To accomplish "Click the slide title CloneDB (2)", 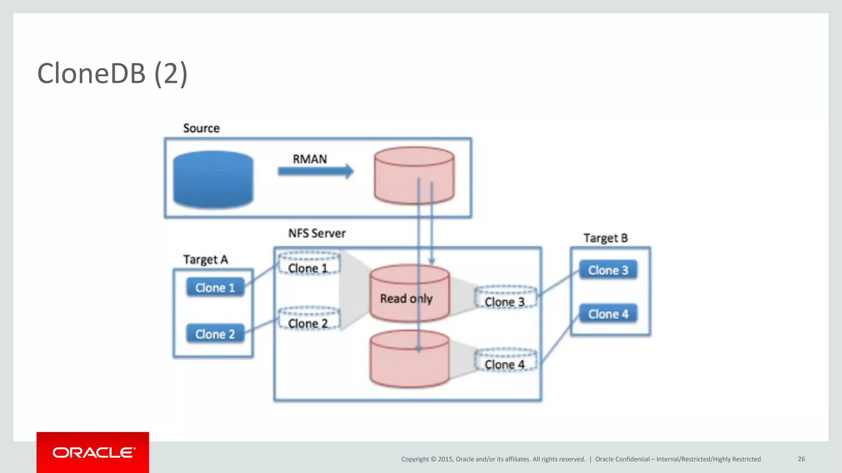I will [x=112, y=73].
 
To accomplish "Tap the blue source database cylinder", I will [x=213, y=179].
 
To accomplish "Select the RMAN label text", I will [x=310, y=159].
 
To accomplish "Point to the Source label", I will [x=201, y=128].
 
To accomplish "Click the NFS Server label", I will [x=317, y=233].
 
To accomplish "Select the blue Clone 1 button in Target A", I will [x=215, y=287].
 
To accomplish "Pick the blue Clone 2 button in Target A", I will [x=215, y=334].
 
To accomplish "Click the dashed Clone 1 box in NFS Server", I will [x=309, y=264].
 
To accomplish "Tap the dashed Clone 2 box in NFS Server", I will [x=309, y=319].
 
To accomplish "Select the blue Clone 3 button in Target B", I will [x=608, y=270].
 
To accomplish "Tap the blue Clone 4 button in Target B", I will [x=608, y=314].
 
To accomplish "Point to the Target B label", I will [x=606, y=238].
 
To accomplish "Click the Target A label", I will [x=205, y=259].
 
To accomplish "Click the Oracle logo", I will [x=93, y=452].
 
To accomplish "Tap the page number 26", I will [x=801, y=459].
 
